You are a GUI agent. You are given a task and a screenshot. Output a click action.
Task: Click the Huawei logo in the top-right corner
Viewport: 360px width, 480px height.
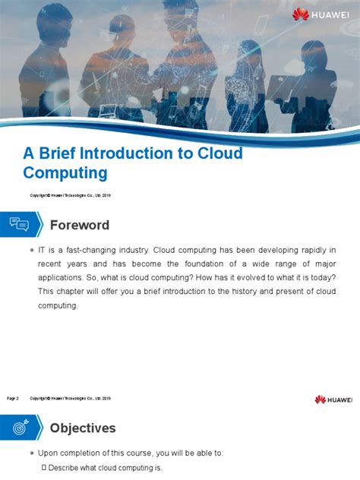(x=322, y=14)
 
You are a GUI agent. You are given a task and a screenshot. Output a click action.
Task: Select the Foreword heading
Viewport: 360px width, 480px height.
(x=80, y=226)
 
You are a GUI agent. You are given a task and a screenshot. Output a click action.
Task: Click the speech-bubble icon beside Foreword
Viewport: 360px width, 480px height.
(x=20, y=225)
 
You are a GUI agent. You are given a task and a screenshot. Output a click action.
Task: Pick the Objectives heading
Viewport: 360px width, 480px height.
(x=83, y=428)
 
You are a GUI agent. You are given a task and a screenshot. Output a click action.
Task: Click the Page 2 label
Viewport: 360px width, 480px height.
(x=13, y=398)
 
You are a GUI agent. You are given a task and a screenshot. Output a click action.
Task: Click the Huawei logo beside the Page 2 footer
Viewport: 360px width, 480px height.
(x=333, y=399)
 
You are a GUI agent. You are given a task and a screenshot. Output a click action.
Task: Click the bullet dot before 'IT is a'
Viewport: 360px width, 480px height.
(x=30, y=250)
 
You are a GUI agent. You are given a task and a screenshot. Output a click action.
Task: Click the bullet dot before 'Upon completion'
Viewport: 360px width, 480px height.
(x=30, y=453)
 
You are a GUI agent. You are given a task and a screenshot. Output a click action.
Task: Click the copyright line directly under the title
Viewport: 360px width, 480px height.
(x=71, y=195)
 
